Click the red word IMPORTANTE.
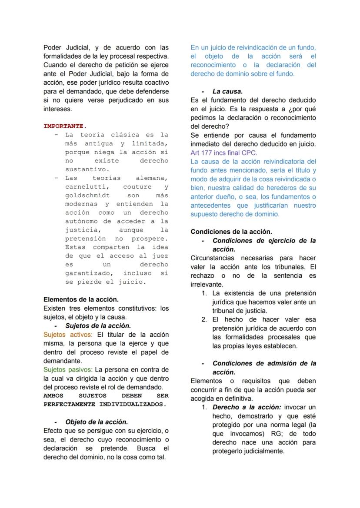(65, 126)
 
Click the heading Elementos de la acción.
(81, 299)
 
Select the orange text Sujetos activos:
(68, 335)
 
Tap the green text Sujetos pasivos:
(68, 370)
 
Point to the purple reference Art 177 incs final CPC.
(223, 153)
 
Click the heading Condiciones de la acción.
(231, 232)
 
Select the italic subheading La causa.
(227, 91)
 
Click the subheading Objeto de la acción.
(97, 422)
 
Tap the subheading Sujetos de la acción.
(98, 325)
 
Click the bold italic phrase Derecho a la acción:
(247, 407)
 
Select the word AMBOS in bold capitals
(53, 395)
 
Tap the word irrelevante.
(207, 285)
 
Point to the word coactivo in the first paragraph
(156, 83)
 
